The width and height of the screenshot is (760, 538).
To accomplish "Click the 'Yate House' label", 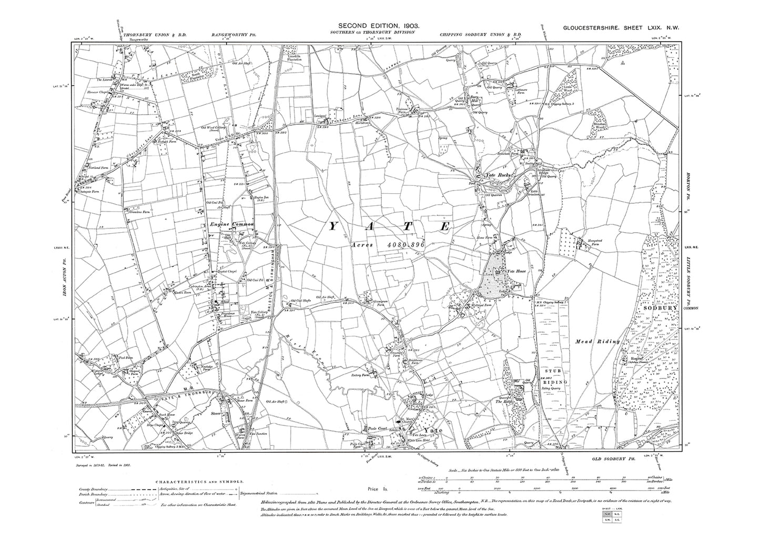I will [x=516, y=271].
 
